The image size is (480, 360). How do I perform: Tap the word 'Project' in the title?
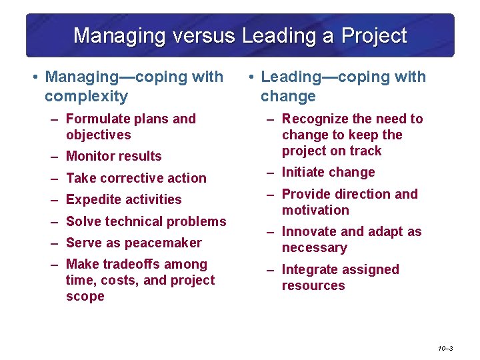(x=374, y=35)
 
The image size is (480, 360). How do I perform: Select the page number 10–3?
(x=446, y=348)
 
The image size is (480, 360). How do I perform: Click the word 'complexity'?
(x=86, y=97)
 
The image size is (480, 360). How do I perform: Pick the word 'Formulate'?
(x=97, y=119)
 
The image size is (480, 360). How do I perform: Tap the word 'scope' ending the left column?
(x=85, y=297)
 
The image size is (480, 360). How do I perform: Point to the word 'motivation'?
(x=315, y=211)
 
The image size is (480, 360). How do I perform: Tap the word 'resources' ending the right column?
(x=313, y=286)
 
